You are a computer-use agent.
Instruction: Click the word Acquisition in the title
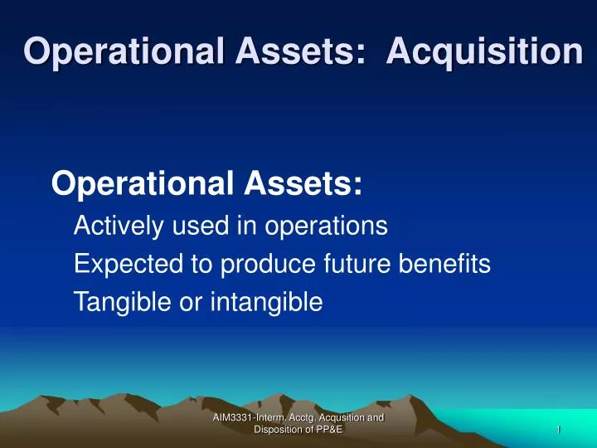(x=485, y=51)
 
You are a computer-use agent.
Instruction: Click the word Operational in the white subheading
(x=143, y=183)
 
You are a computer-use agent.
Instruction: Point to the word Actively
(x=119, y=226)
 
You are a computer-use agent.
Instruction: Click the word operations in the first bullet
(x=327, y=226)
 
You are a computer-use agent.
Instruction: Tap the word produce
(x=268, y=264)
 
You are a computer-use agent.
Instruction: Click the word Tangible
(x=123, y=302)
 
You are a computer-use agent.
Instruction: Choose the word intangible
(x=266, y=302)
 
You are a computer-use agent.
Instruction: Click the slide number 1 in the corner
(x=559, y=430)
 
